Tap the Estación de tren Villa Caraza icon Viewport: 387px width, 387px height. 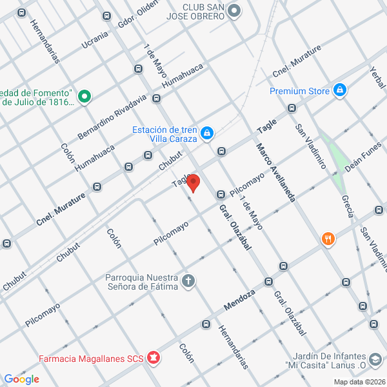pos(206,134)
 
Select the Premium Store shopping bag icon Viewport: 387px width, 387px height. pos(340,91)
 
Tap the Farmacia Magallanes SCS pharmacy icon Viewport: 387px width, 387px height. pos(153,357)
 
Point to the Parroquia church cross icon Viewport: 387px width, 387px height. pos(188,281)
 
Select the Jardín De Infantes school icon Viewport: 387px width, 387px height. pos(375,358)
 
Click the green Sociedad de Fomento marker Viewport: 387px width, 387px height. pos(84,97)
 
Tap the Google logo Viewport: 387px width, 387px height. pos(22,379)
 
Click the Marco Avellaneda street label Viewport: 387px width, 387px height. pos(275,172)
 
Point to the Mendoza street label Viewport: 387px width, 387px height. pos(240,298)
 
